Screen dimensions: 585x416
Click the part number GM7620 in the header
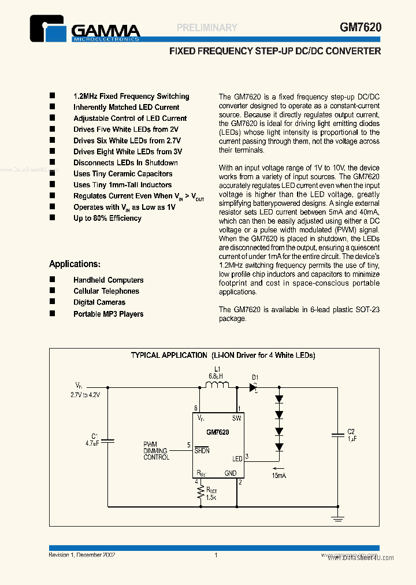pyautogui.click(x=360, y=27)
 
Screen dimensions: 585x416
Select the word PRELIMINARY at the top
pyautogui.click(x=207, y=27)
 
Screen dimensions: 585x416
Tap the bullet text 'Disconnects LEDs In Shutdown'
pyautogui.click(x=125, y=162)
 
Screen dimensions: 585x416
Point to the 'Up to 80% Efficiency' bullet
pyautogui.click(x=107, y=218)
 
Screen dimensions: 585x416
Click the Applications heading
pyautogui.click(x=75, y=264)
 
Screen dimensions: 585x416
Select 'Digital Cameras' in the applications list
pyautogui.click(x=99, y=302)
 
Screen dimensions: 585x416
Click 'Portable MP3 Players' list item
pyautogui.click(x=108, y=314)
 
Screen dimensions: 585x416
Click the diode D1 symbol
pyautogui.click(x=253, y=387)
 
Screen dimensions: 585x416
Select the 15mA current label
pyautogui.click(x=278, y=475)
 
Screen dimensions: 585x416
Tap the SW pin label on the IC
pyautogui.click(x=236, y=418)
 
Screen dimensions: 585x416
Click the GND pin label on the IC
pyautogui.click(x=231, y=472)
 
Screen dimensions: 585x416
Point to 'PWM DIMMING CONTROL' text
pyautogui.click(x=156, y=451)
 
